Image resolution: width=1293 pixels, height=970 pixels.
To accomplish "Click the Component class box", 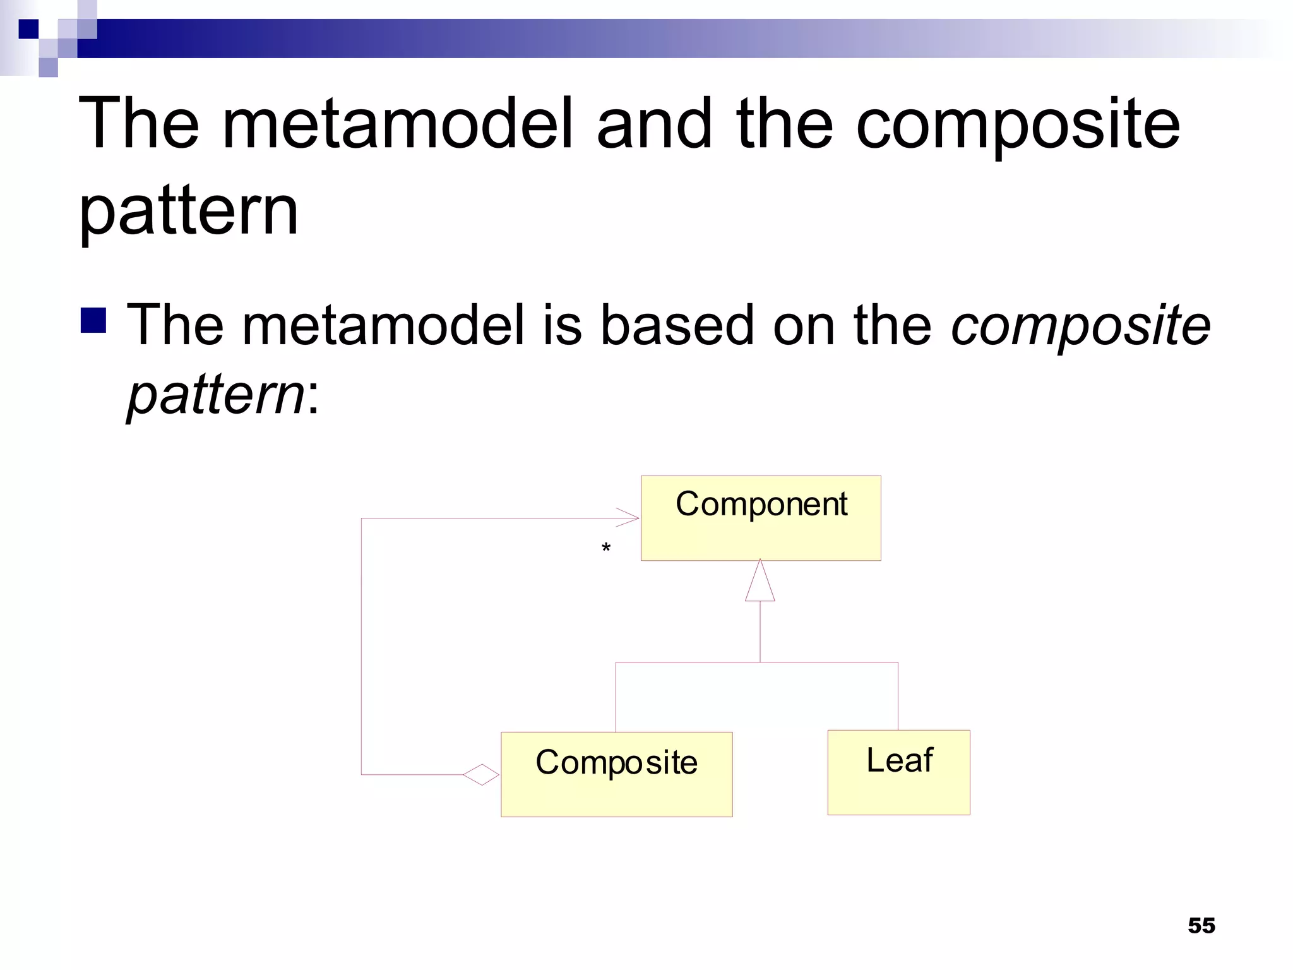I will (x=760, y=518).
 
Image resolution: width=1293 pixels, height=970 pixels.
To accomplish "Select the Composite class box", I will (x=616, y=774).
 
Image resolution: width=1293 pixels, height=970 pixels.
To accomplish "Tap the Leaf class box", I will (x=898, y=772).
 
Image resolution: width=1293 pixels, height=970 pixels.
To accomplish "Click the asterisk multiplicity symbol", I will (x=606, y=548).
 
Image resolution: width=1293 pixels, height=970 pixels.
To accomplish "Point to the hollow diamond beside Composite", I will (x=481, y=774).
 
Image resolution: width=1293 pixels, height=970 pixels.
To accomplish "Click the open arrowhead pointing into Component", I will (x=629, y=518).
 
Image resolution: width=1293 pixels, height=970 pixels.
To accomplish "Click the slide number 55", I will (x=1201, y=925).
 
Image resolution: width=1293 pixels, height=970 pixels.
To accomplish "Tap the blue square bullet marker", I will (x=93, y=320).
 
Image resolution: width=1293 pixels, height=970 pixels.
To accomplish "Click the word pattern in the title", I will (x=188, y=212).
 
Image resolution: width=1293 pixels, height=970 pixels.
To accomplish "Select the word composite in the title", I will (x=1017, y=125).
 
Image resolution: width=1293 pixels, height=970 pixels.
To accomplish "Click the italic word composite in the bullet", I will (x=1080, y=325).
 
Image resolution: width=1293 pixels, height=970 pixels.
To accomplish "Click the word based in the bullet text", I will (x=676, y=325).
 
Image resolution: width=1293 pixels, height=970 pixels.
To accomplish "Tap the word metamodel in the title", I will (x=398, y=124).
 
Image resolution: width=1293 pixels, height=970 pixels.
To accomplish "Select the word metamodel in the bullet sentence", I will (x=384, y=325).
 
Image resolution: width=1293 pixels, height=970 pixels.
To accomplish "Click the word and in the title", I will (x=655, y=124).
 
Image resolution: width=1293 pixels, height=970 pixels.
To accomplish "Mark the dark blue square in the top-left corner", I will (x=28, y=29).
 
